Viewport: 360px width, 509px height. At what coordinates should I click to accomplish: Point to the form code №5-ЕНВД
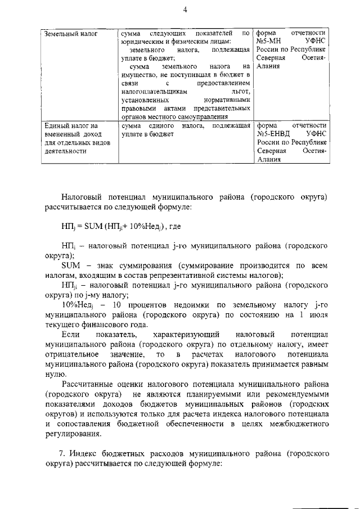click(x=274, y=134)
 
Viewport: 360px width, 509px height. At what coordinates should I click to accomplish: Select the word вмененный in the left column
click(x=62, y=134)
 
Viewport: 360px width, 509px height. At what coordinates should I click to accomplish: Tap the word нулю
click(x=55, y=375)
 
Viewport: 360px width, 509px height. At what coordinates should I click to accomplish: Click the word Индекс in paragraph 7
click(x=87, y=454)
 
